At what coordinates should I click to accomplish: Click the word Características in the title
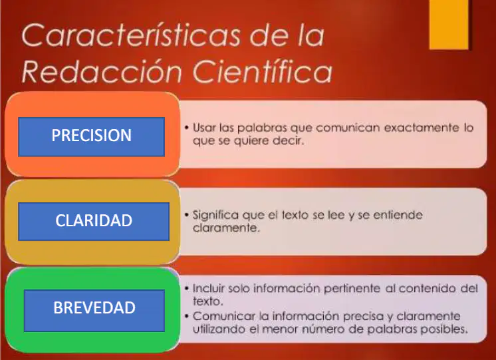(x=131, y=35)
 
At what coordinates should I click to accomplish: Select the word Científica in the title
(x=262, y=71)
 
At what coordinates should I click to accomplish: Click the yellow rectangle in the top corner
(x=449, y=25)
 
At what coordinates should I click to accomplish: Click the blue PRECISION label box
(x=91, y=137)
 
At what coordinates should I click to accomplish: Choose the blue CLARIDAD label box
(x=94, y=222)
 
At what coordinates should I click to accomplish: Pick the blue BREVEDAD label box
(x=94, y=311)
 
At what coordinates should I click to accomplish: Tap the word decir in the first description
(x=288, y=140)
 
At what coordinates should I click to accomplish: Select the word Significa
(x=215, y=216)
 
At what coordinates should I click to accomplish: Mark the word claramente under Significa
(x=226, y=228)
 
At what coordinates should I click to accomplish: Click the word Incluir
(x=209, y=288)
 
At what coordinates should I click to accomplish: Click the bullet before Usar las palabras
(x=187, y=128)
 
